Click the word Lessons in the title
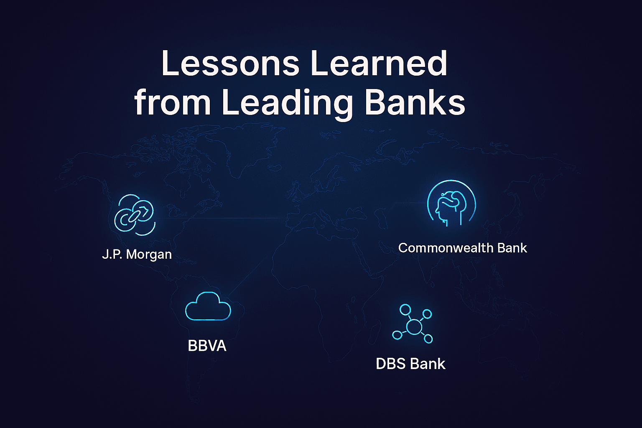click(230, 63)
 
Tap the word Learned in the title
click(379, 63)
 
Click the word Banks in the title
click(415, 102)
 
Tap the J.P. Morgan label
click(137, 254)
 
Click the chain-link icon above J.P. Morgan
click(135, 215)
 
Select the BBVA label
click(207, 345)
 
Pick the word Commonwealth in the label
click(446, 248)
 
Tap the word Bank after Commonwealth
click(512, 248)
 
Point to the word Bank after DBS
click(428, 364)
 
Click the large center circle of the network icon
click(414, 326)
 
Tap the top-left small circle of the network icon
click(405, 310)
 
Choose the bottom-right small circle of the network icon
click(428, 339)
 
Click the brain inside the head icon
click(451, 199)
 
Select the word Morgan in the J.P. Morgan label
click(149, 255)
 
